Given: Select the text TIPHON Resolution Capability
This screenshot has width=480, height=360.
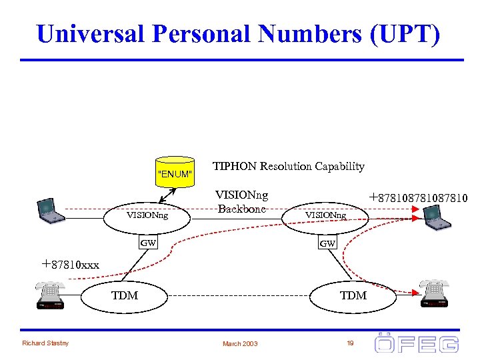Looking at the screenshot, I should [x=288, y=167].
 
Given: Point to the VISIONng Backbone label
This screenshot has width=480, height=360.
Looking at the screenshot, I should [x=241, y=201].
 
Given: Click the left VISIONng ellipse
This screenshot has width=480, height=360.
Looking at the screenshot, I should [x=147, y=215].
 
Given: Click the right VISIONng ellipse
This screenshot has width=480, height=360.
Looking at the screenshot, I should [x=326, y=215].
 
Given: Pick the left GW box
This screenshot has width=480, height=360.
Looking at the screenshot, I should [x=148, y=243].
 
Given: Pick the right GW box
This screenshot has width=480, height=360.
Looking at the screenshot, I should [x=327, y=244].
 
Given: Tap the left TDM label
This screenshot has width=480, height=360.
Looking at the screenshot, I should [x=125, y=295].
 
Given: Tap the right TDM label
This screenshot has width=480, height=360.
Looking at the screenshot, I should [x=353, y=295].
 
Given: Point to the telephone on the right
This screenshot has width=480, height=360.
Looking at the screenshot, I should [x=435, y=293].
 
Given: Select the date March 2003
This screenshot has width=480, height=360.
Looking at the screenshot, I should [x=241, y=344].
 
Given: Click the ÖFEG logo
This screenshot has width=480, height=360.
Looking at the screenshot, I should [x=416, y=343].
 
